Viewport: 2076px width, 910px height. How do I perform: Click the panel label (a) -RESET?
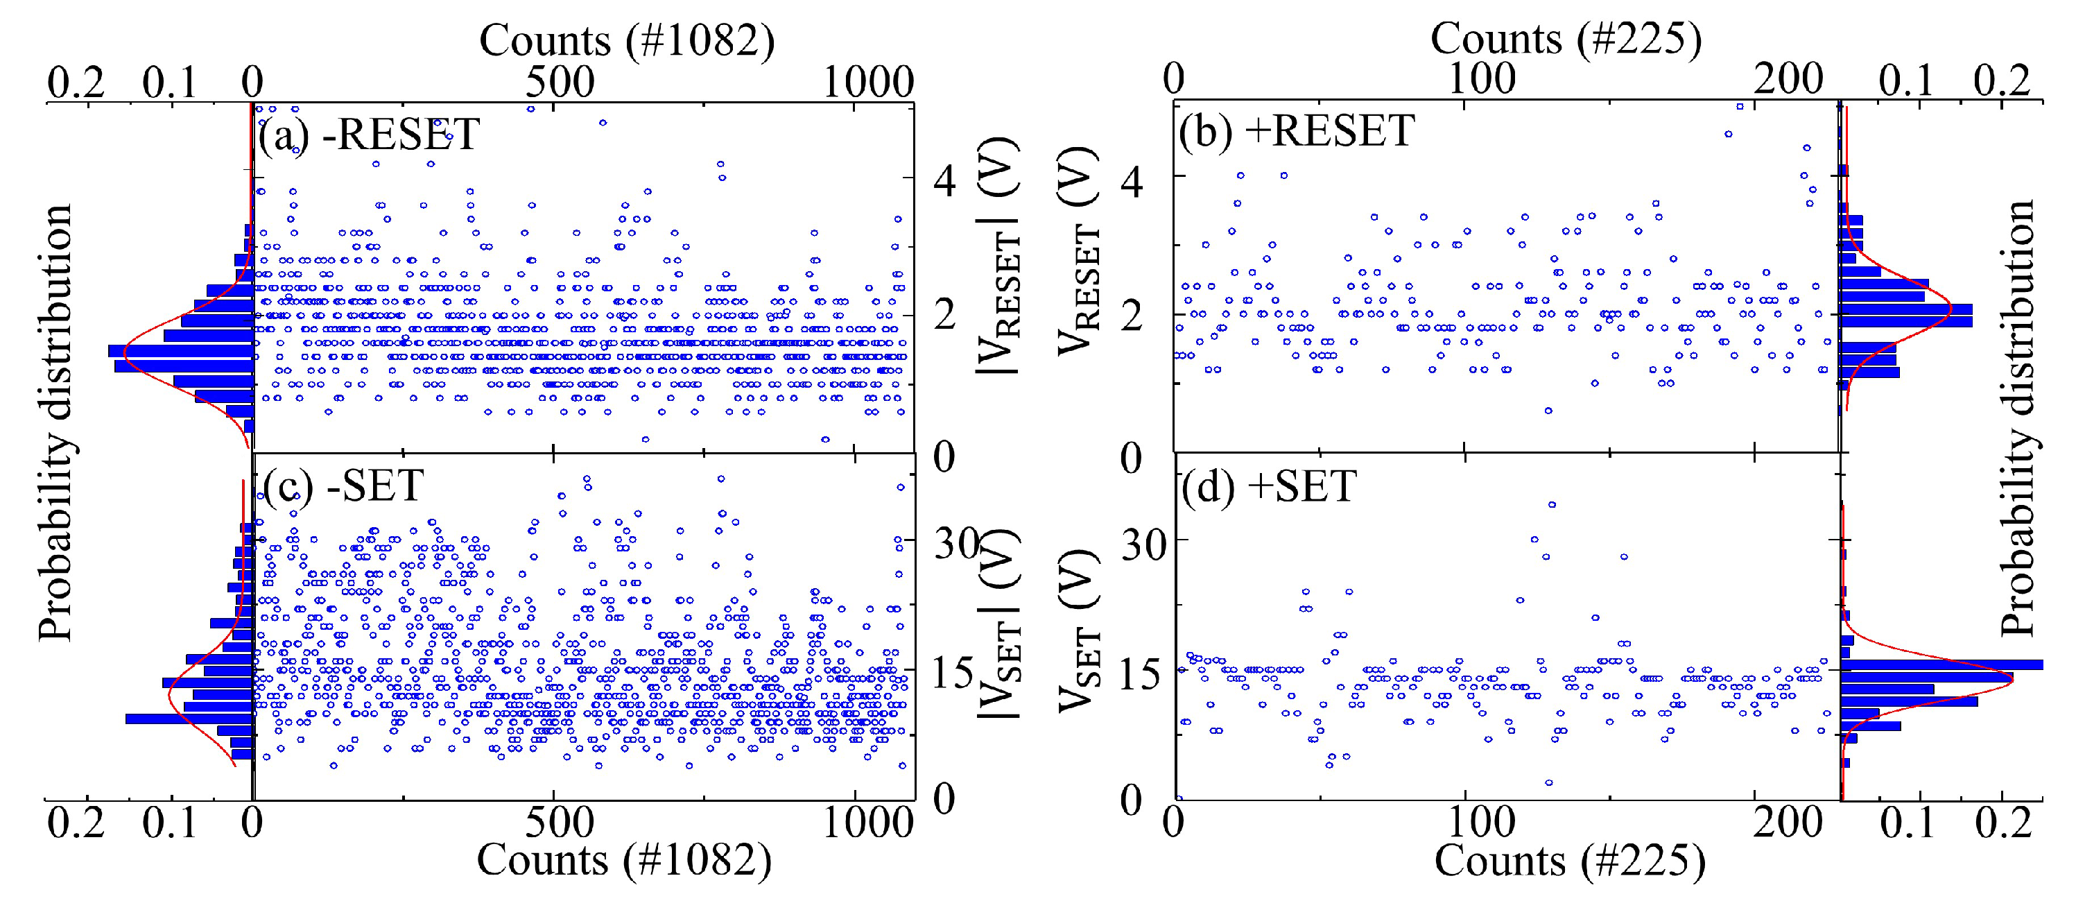(368, 134)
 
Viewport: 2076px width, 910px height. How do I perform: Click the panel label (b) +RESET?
(1296, 130)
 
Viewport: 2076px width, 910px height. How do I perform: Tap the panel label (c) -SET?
(343, 486)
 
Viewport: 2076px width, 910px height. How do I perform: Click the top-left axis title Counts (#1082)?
(626, 40)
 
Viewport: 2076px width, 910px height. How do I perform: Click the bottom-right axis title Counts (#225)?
(1569, 861)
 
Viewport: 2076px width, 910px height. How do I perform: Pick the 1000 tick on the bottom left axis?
(867, 823)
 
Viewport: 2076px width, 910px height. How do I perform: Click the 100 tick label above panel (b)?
(1481, 79)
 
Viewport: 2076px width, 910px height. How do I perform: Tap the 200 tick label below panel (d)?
(1788, 823)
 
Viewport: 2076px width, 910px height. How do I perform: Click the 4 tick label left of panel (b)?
(1132, 182)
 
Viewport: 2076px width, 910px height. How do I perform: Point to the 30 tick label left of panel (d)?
(1143, 546)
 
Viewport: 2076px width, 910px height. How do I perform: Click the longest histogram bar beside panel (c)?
(189, 718)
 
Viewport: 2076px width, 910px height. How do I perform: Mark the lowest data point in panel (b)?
(1548, 411)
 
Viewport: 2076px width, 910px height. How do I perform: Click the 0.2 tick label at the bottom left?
(76, 823)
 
